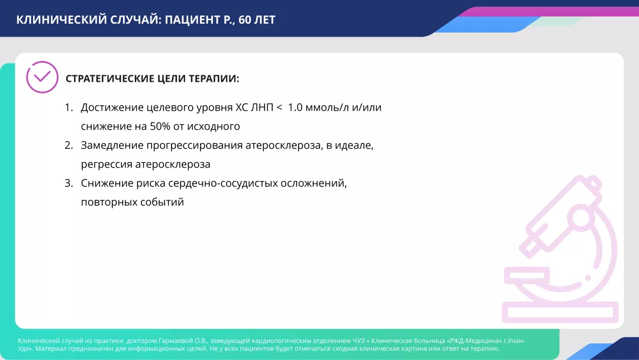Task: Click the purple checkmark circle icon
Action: pyautogui.click(x=43, y=78)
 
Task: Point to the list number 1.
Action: pyautogui.click(x=68, y=107)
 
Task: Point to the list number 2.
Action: pyautogui.click(x=68, y=145)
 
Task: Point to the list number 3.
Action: pyautogui.click(x=68, y=183)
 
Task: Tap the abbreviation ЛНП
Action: pyautogui.click(x=259, y=107)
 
